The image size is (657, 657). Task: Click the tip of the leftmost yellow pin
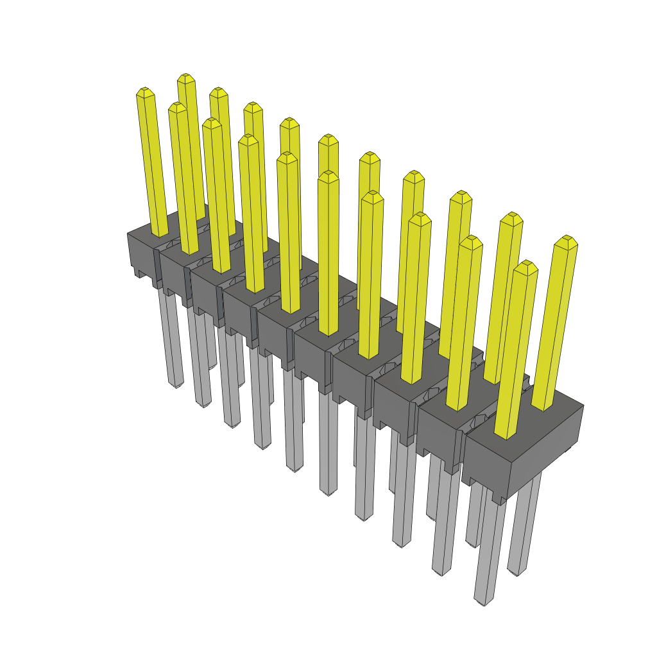click(145, 92)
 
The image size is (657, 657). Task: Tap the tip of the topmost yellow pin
click(186, 77)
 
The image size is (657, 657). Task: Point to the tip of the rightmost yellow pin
click(567, 239)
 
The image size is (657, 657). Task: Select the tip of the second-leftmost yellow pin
click(177, 106)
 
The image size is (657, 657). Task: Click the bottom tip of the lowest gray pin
click(481, 602)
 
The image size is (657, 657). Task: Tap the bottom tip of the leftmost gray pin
click(176, 385)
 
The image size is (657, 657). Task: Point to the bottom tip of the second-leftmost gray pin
click(203, 404)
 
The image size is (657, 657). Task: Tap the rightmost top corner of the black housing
click(583, 405)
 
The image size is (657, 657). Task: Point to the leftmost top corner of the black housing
click(128, 234)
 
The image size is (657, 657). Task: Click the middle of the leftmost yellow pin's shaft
click(152, 164)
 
